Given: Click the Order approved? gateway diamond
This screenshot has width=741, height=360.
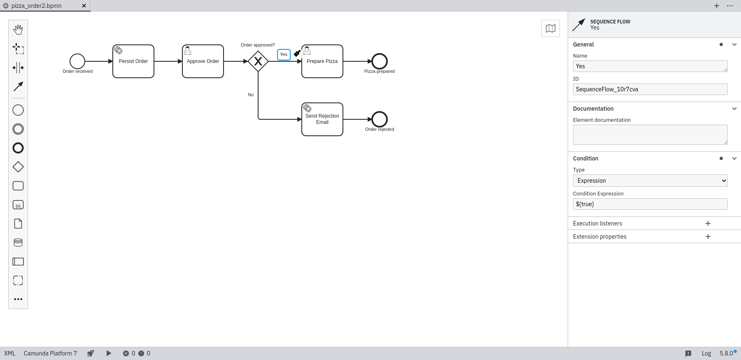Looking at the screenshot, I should tap(258, 61).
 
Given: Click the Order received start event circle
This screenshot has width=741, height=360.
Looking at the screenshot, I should tap(77, 61).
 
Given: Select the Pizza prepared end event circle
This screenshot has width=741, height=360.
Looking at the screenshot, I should tap(380, 61).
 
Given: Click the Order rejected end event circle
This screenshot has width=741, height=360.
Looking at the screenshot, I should tap(380, 119).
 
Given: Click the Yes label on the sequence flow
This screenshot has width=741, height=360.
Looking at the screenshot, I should tap(284, 54).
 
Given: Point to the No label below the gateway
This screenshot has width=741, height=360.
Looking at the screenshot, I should tap(251, 95).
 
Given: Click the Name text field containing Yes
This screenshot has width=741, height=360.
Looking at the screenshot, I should tap(650, 66).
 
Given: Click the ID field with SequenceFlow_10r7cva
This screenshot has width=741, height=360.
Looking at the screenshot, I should tap(650, 89).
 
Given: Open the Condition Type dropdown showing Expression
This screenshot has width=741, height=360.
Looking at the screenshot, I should tap(650, 181).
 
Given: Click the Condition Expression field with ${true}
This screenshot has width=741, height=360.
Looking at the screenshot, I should tap(650, 204).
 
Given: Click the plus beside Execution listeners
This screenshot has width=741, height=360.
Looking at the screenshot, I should tap(708, 223).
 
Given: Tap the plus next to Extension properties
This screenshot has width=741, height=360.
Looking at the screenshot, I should tap(708, 237).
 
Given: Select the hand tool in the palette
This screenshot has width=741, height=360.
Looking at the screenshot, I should tap(18, 30).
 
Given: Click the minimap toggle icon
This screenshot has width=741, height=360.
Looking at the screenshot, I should tap(550, 28).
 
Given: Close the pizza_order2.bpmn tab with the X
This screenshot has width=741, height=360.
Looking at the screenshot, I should tap(84, 6).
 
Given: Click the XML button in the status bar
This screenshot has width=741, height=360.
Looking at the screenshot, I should tap(9, 353).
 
